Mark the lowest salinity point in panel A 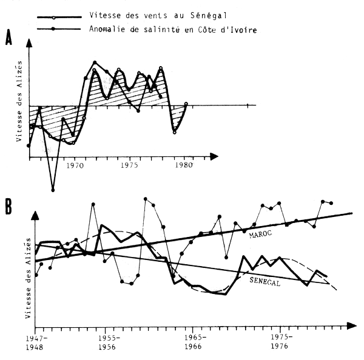coord(53,190)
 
